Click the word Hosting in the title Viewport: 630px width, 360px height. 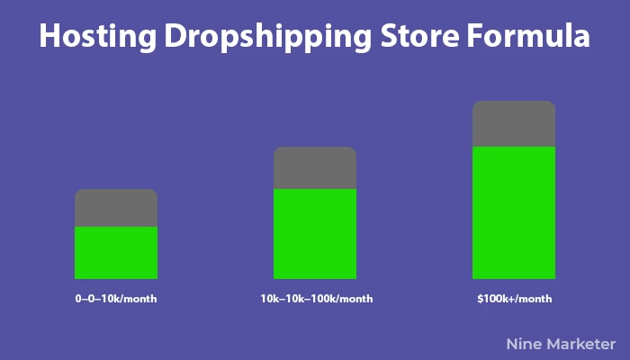tap(97, 37)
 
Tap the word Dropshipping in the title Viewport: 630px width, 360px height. tap(268, 37)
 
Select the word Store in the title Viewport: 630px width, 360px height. tap(419, 36)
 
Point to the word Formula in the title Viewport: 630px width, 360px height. tap(528, 35)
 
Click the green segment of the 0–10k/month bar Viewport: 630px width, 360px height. tap(116, 253)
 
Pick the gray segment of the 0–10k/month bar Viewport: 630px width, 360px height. tap(116, 208)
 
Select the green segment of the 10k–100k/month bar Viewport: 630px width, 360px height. tap(315, 234)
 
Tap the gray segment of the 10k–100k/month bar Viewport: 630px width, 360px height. tap(315, 168)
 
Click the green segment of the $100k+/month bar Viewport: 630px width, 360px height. tap(514, 213)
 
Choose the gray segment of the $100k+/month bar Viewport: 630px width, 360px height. tap(514, 124)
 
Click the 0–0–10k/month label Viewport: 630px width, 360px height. tap(116, 299)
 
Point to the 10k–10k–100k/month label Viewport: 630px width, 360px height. tap(317, 299)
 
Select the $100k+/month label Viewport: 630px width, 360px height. tap(515, 299)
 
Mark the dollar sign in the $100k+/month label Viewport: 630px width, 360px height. tap(480, 299)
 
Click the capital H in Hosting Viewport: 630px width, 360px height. tap(49, 36)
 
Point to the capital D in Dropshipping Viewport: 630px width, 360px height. tap(175, 36)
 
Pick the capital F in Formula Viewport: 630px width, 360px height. tap(474, 36)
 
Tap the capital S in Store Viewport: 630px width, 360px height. tap(389, 36)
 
